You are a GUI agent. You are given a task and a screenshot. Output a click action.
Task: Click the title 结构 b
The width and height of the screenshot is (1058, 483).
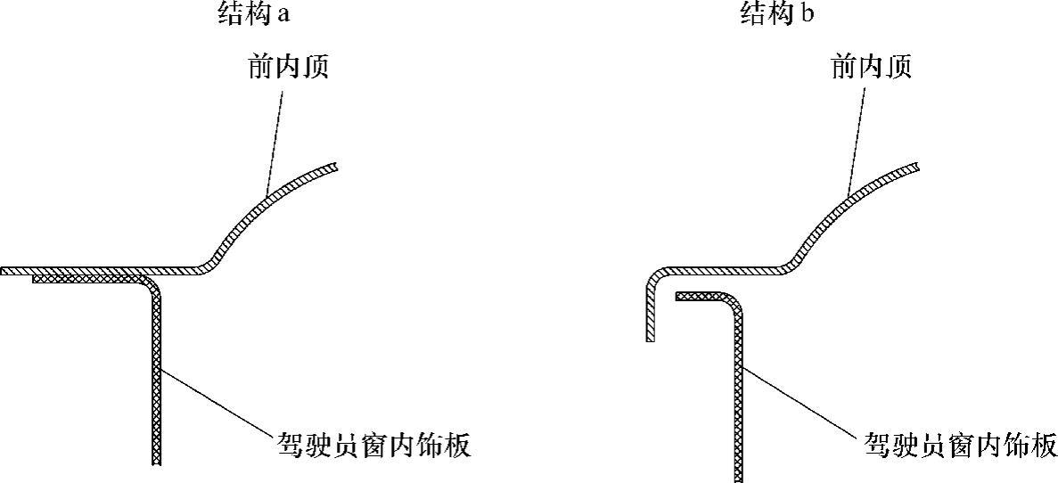click(776, 15)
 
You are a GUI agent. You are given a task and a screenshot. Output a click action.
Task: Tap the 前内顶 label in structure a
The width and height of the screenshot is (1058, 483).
click(288, 67)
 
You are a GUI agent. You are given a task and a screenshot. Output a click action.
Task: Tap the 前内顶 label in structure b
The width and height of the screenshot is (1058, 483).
click(872, 67)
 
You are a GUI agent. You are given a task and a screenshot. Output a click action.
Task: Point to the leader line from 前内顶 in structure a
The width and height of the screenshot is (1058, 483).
click(277, 134)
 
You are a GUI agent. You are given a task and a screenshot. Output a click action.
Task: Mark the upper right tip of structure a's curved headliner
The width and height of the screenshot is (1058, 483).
click(335, 167)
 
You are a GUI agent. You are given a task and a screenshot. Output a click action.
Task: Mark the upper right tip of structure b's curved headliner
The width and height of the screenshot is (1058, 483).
click(917, 167)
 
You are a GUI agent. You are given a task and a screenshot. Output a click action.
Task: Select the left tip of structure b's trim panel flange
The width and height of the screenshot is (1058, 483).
click(677, 296)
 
